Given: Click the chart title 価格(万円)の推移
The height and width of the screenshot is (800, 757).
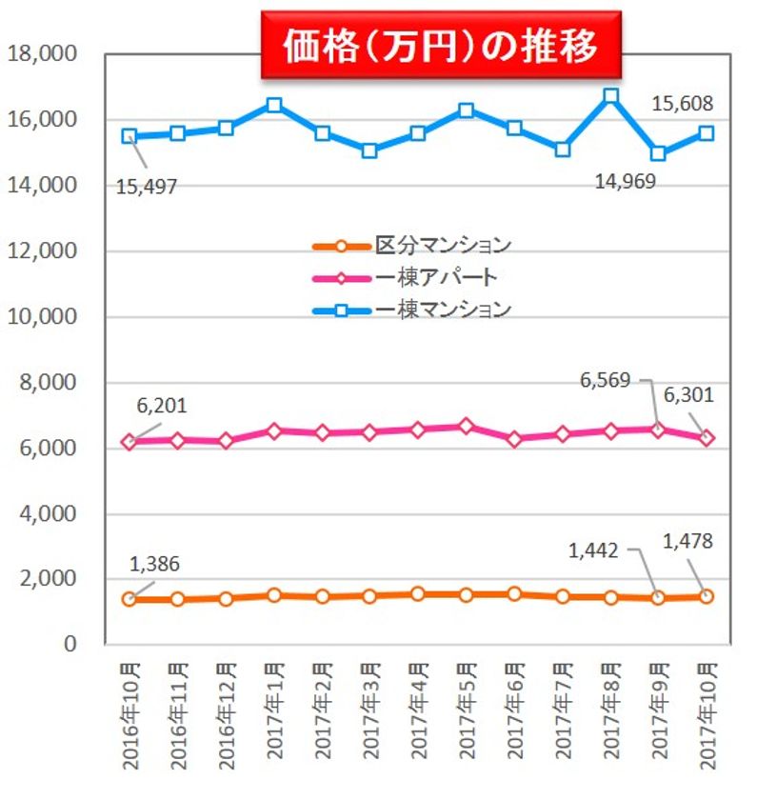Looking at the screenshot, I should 441,45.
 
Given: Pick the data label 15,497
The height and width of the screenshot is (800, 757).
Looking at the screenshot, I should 147,186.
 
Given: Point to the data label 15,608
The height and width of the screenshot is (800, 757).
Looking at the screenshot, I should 683,102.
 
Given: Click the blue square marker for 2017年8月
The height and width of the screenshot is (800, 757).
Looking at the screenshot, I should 610,96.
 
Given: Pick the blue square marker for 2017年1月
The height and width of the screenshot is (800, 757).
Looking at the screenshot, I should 274,105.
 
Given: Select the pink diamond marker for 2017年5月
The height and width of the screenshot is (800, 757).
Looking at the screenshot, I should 466,426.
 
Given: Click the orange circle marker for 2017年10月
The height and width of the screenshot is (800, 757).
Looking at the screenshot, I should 707,596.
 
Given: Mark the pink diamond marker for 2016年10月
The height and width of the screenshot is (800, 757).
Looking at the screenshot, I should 130,442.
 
